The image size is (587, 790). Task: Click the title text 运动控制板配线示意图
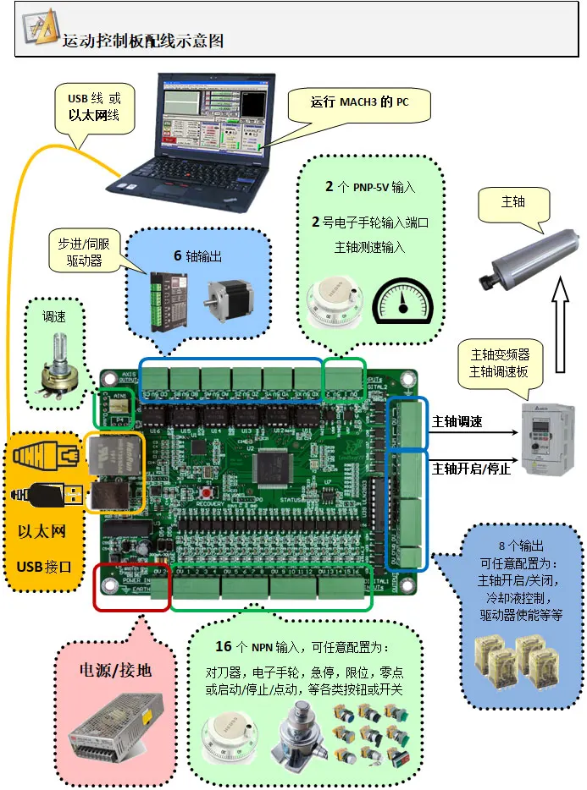143,40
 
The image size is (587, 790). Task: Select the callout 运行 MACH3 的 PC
359,104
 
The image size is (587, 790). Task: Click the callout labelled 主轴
513,204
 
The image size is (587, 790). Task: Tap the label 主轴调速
457,421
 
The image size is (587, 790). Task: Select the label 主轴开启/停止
470,468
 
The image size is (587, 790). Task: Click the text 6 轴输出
197,255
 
